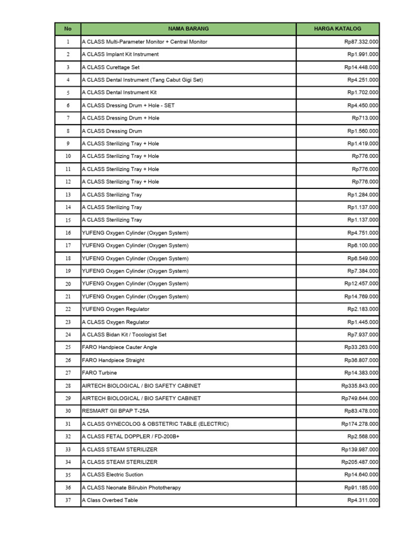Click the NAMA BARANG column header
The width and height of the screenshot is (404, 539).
click(188, 28)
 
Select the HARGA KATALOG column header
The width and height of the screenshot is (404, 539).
click(337, 28)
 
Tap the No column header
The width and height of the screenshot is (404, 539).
click(67, 28)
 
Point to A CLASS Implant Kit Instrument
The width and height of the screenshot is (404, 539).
click(120, 54)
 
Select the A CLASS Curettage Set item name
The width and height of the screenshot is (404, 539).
click(111, 67)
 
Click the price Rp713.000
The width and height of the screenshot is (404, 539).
click(365, 118)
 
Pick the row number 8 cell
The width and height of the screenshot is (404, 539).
click(67, 131)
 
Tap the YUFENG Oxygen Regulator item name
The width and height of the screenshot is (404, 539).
click(116, 309)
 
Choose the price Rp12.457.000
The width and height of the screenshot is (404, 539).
click(361, 284)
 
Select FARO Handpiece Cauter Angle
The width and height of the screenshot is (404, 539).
click(119, 347)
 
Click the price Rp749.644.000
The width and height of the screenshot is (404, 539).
click(359, 398)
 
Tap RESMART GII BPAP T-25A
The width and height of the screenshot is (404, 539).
click(119, 411)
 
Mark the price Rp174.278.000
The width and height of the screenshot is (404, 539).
click(359, 424)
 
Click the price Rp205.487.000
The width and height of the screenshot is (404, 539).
click(359, 462)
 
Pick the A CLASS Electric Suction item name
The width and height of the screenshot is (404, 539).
click(113, 475)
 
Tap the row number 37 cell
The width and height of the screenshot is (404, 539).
click(67, 500)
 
